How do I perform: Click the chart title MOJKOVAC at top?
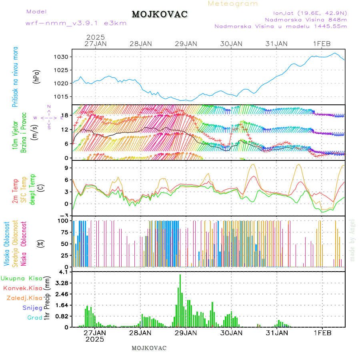click(160, 14)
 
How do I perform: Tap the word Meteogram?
click(233, 4)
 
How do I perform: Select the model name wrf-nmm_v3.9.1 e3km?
click(76, 23)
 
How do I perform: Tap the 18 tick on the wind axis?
click(66, 115)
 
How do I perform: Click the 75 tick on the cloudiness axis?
click(64, 232)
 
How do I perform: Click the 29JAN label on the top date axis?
click(186, 44)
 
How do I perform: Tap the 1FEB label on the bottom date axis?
click(322, 333)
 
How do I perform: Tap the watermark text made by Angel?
click(352, 240)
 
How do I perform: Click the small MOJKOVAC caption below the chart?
click(149, 348)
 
